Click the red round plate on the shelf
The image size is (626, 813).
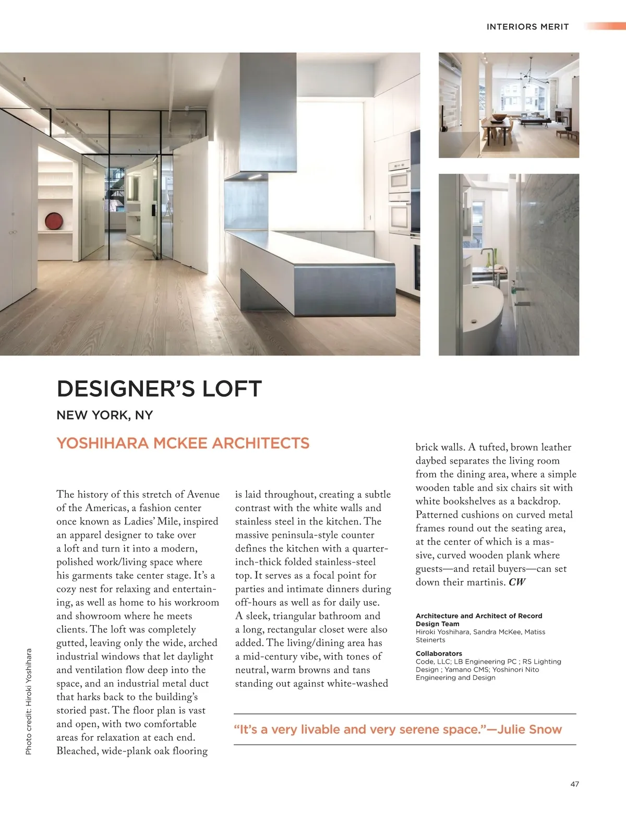point(53,222)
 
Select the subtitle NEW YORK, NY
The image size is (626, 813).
point(104,415)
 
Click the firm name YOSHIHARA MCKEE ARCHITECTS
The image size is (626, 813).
point(183,444)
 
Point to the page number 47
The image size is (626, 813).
point(574,784)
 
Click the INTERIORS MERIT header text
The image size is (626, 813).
point(527,27)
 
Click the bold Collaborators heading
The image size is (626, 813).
point(439,653)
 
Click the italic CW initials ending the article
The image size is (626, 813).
point(517,582)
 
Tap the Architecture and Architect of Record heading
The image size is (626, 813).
point(479,616)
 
